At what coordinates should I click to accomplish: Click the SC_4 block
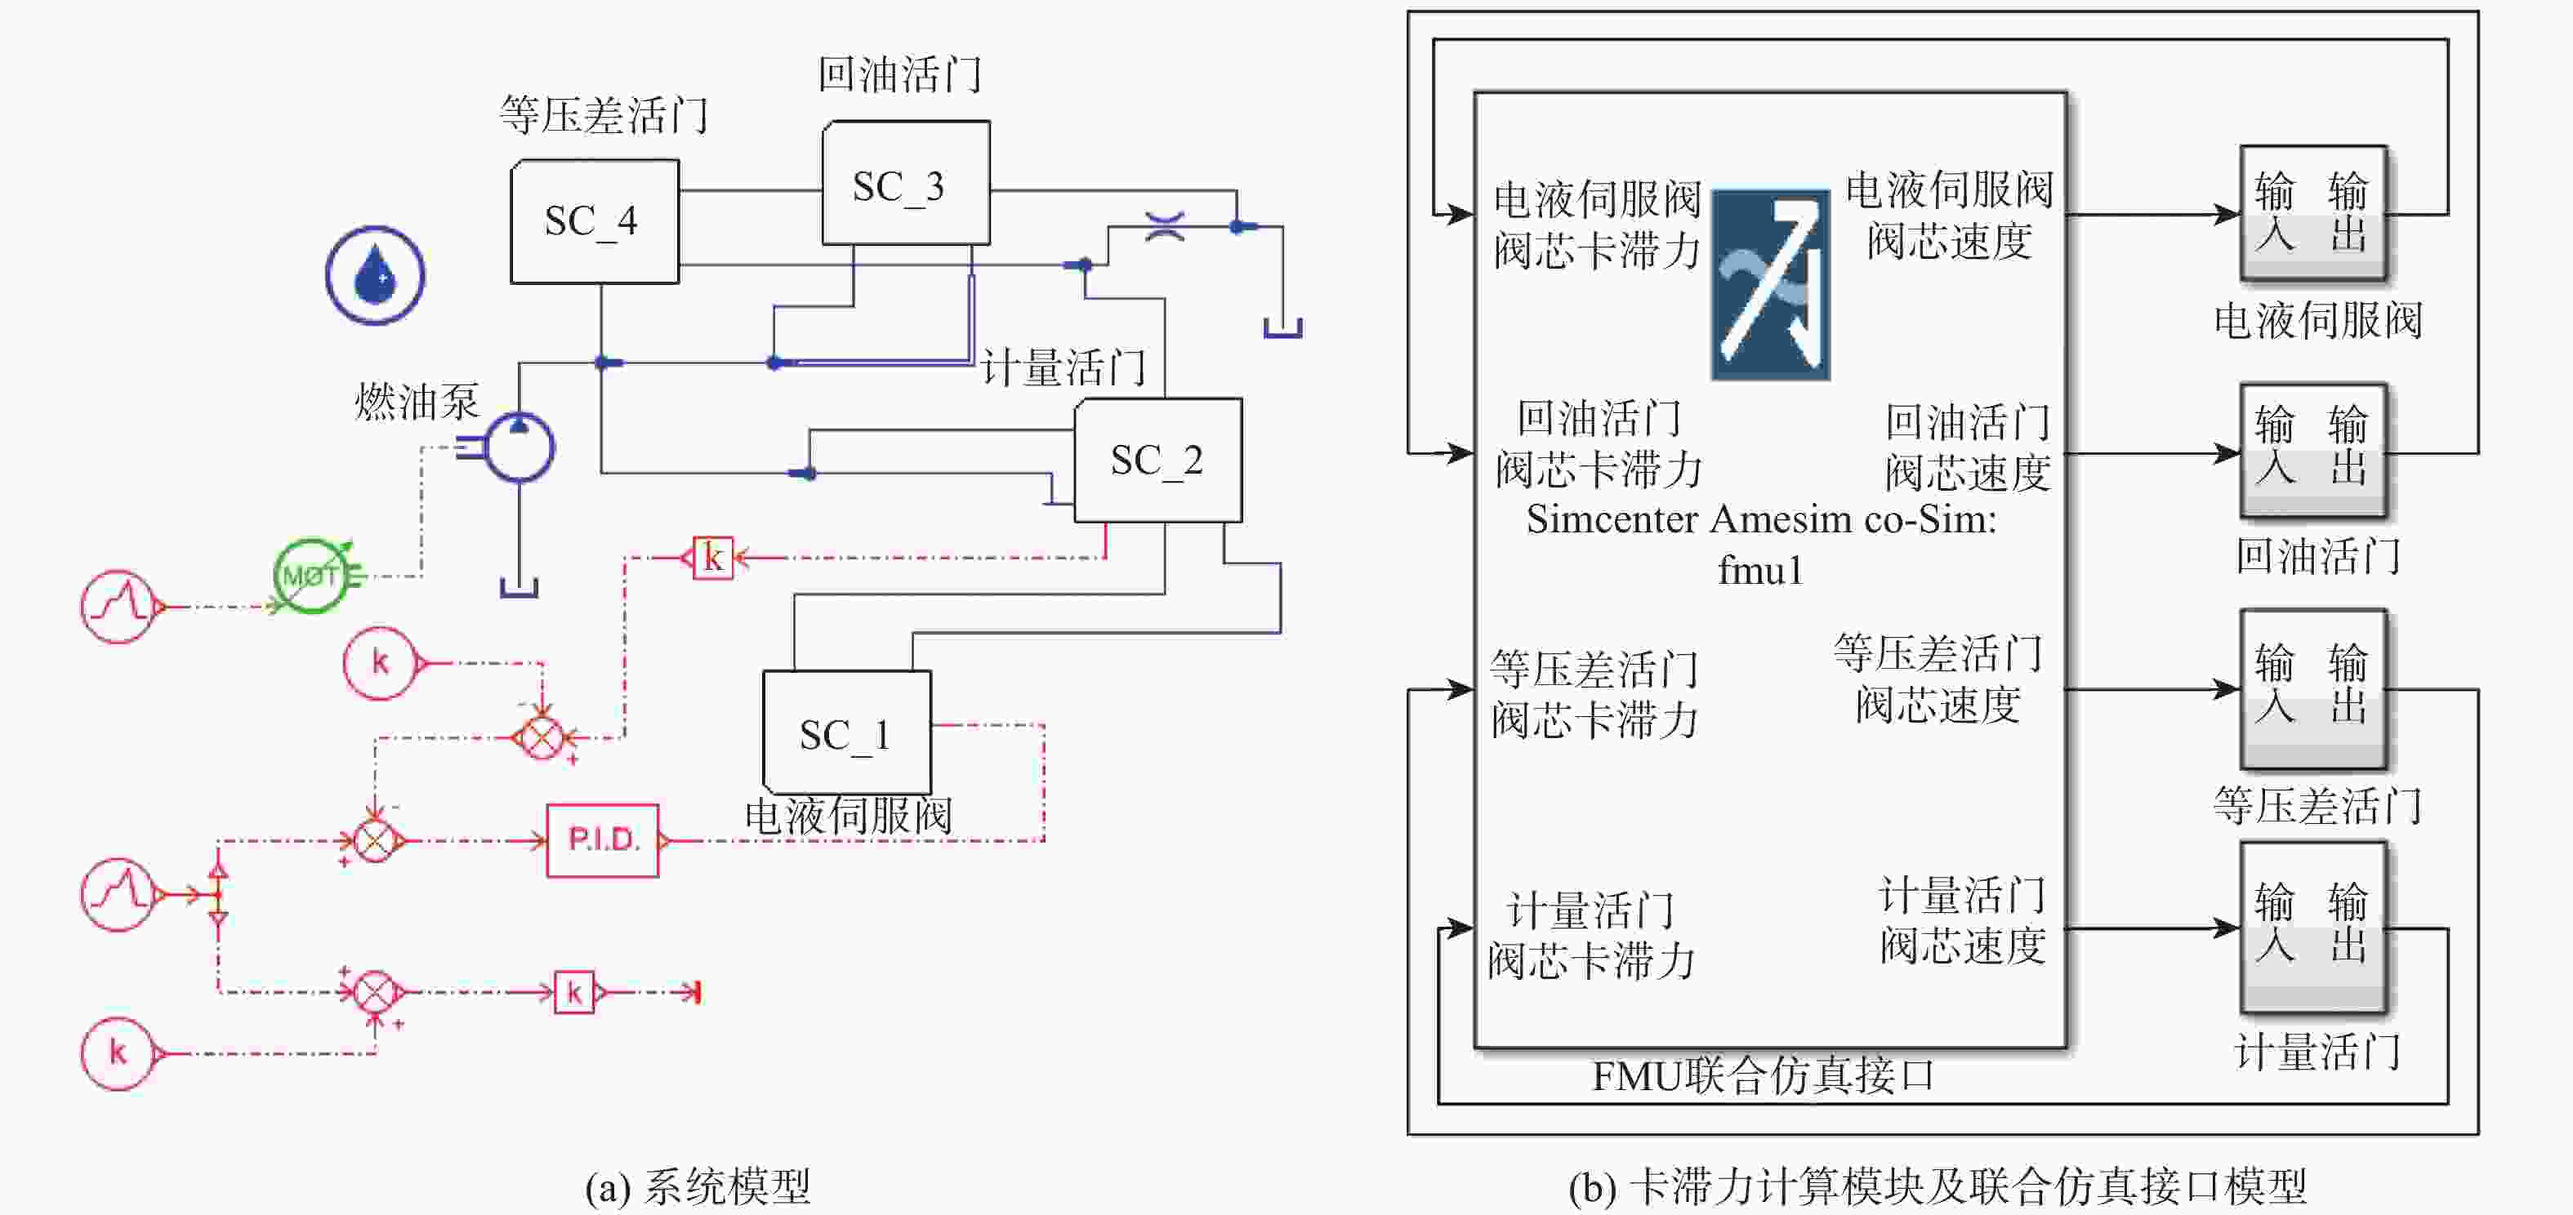[595, 221]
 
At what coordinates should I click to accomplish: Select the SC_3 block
[905, 184]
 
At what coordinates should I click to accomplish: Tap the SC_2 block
[1157, 461]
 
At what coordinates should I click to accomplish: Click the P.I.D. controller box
[602, 839]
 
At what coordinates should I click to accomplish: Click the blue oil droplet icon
[375, 274]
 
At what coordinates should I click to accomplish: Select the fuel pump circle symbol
[520, 447]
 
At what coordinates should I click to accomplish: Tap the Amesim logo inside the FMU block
[1770, 284]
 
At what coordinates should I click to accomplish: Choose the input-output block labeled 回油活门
[2313, 450]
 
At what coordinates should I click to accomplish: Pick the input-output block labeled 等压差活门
[2313, 688]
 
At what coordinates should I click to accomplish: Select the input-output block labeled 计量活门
[2313, 928]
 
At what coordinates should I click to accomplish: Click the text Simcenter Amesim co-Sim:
[1761, 520]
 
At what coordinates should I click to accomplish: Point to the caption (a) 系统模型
[698, 1186]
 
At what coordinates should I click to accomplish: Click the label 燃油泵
[417, 402]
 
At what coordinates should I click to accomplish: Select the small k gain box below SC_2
[712, 557]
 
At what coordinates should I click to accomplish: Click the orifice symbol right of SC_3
[1165, 227]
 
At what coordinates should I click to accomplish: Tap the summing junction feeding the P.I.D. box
[376, 840]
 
